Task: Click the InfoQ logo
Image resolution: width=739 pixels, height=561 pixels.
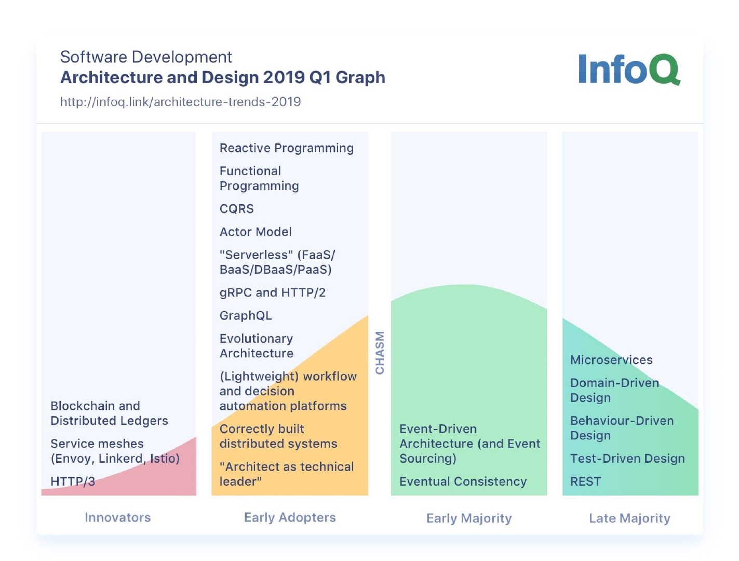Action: pos(629,70)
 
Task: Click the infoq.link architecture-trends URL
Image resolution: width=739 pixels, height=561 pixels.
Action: pos(180,102)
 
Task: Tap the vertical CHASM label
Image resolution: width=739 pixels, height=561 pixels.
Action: pos(380,353)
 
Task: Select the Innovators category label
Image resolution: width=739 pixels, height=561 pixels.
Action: pos(118,517)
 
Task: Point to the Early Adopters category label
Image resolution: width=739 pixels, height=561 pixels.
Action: pos(290,517)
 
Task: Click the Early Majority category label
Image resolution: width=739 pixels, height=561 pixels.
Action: pos(469,518)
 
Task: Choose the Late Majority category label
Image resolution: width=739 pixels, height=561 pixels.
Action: pos(629,518)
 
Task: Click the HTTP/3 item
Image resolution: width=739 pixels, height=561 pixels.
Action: pos(73,482)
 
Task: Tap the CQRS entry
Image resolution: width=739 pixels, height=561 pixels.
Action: pos(237,209)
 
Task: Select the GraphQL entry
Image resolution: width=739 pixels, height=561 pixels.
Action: pos(246,316)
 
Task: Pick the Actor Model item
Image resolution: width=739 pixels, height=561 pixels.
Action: pos(256,232)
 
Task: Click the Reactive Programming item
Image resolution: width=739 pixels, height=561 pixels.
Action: pos(287,148)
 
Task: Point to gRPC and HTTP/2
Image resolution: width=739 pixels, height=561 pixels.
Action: pos(273,292)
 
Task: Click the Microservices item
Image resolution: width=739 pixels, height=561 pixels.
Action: pos(611,360)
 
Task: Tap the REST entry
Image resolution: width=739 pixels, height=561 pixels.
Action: pos(585,482)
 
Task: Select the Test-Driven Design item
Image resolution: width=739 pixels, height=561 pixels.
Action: pos(627,459)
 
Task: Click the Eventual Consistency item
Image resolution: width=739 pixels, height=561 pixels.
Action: pos(463,482)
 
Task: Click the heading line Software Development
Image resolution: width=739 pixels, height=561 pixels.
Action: pos(146,57)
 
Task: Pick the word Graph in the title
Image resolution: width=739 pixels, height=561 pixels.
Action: pos(360,77)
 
